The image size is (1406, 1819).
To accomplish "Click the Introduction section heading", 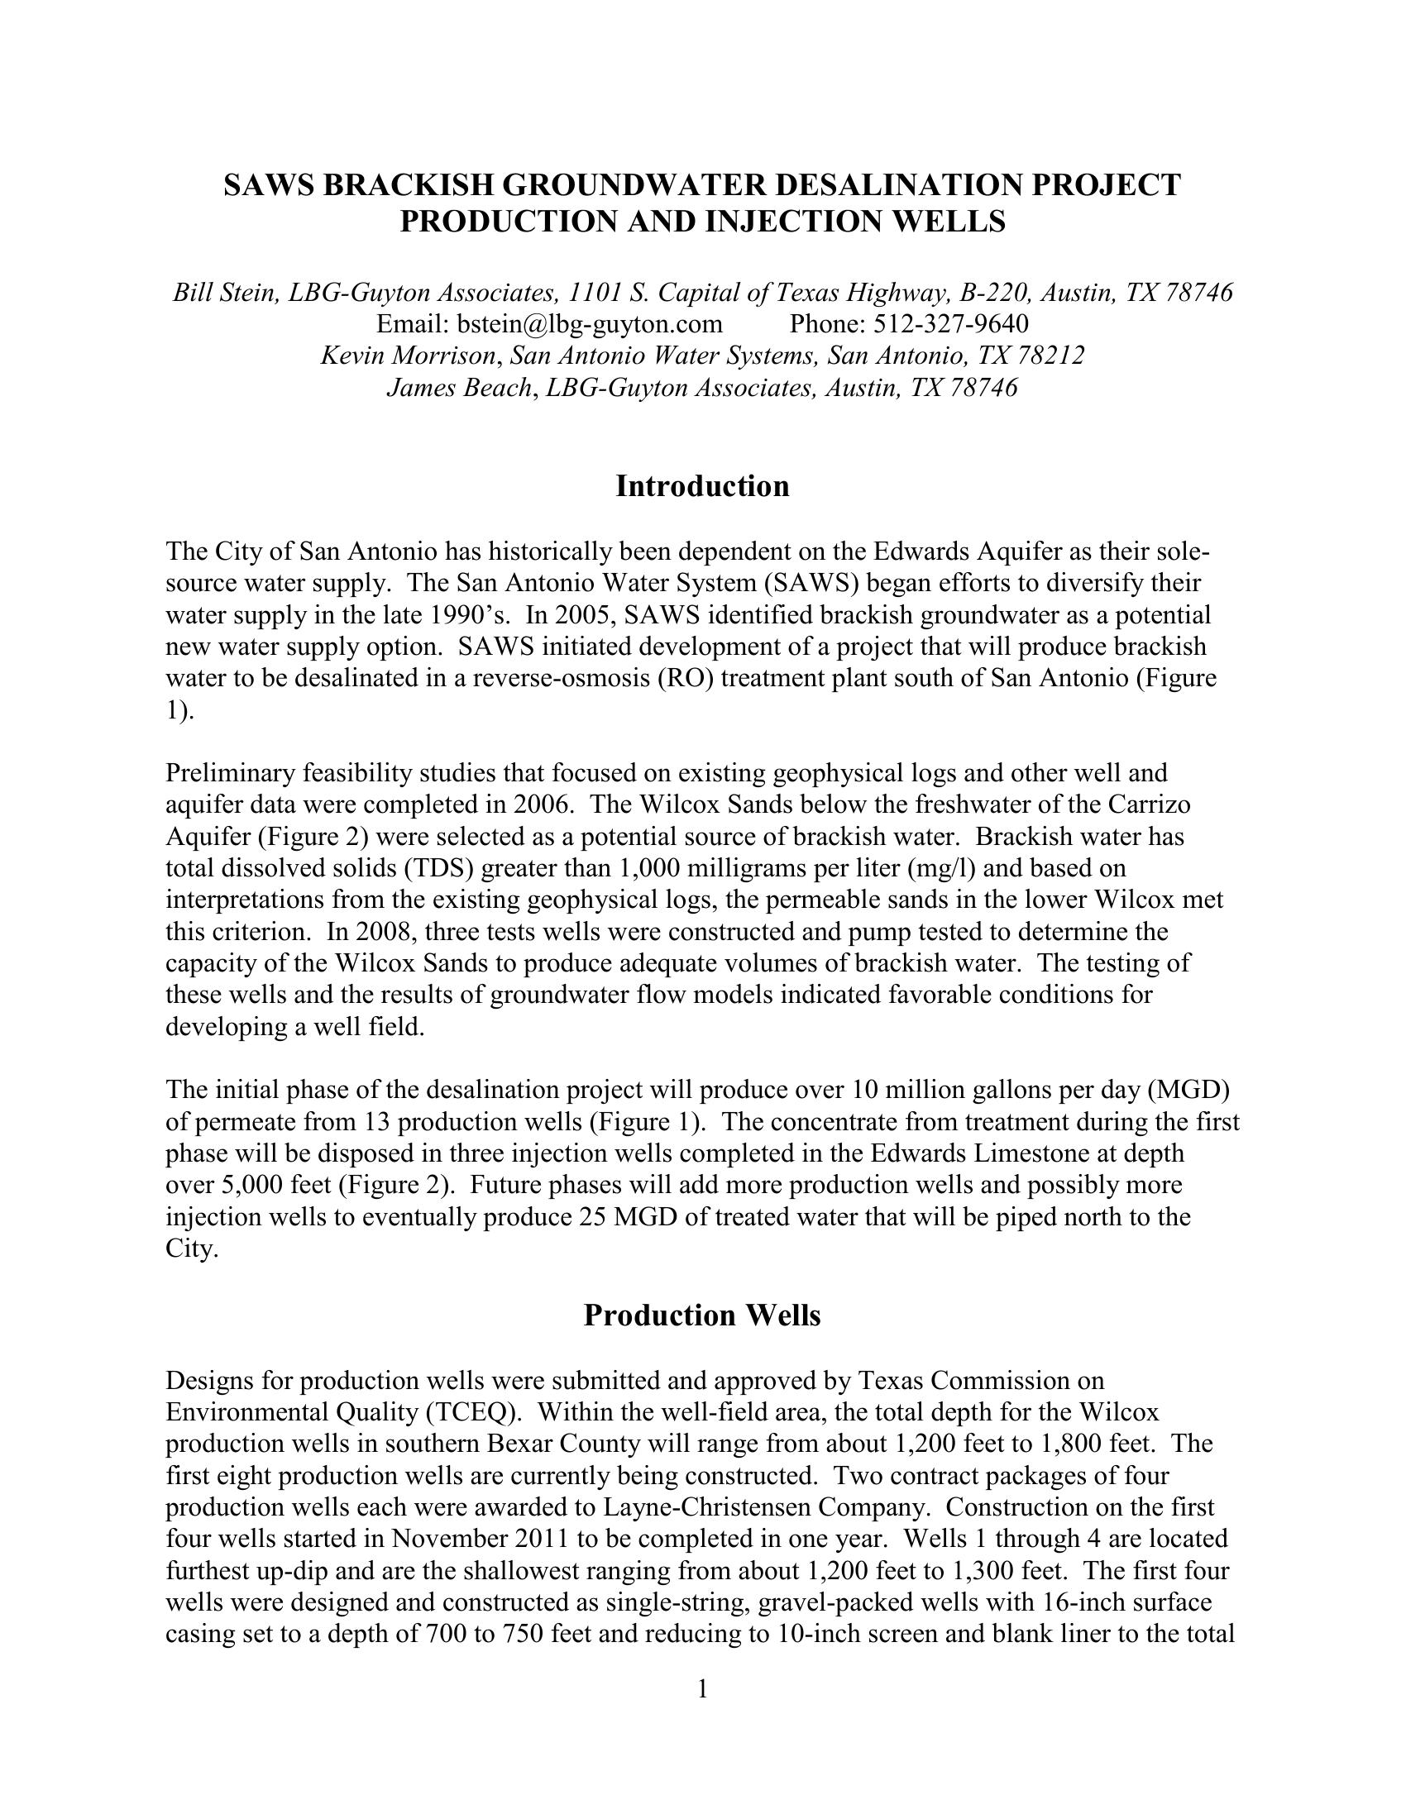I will (702, 486).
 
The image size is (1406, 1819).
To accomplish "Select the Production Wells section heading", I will (702, 1315).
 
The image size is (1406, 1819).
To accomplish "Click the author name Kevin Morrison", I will (408, 356).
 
